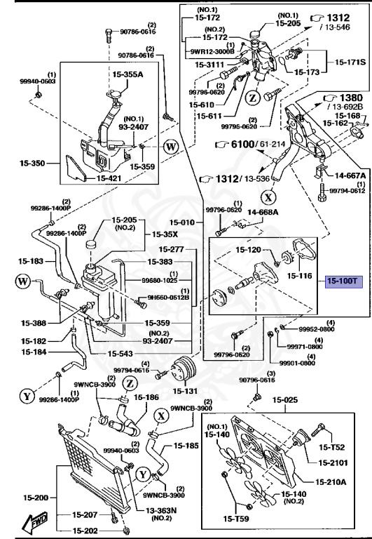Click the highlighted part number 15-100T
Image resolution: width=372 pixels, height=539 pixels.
click(x=341, y=281)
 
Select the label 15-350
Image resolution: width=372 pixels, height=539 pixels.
click(x=32, y=164)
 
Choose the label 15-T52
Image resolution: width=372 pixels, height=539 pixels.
click(x=333, y=447)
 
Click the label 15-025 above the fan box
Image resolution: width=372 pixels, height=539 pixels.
click(x=285, y=400)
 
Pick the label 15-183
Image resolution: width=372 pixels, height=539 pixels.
click(x=33, y=261)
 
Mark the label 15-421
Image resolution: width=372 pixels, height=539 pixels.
click(x=109, y=178)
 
